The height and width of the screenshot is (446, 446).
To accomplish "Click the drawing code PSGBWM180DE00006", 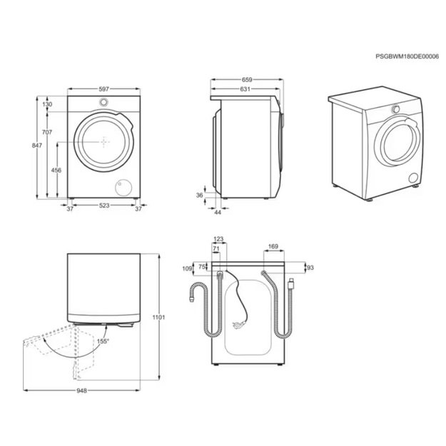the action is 407,56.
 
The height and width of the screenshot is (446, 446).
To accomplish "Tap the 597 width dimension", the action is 103,89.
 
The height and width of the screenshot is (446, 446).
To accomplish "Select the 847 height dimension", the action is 37,146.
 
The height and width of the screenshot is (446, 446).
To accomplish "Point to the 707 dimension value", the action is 47,132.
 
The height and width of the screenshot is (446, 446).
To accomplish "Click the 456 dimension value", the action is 56,170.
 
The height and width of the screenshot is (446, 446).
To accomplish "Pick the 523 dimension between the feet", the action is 104,205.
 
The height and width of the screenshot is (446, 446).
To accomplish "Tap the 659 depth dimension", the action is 247,80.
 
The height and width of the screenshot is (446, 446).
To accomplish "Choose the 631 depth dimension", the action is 245,89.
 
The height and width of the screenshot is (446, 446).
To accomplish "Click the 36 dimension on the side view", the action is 200,195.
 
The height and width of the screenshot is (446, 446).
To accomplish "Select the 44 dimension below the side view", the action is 218,212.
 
